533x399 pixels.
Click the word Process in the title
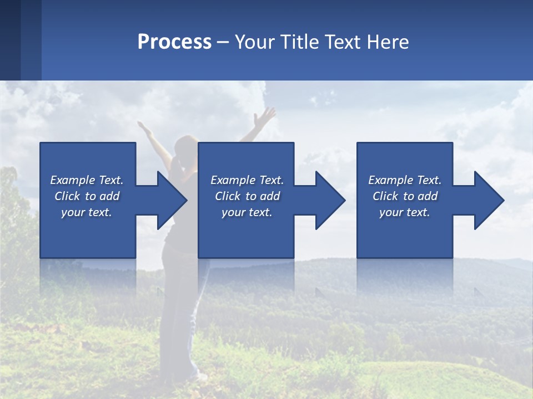pos(174,42)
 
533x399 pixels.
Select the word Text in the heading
pos(343,42)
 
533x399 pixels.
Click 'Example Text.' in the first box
pos(87,180)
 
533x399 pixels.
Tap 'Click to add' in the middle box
pos(247,196)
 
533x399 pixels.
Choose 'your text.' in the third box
pos(404,212)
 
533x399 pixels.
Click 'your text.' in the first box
pos(87,212)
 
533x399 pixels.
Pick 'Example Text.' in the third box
pos(404,180)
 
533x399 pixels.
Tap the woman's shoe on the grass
pos(200,377)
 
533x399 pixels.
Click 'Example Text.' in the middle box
pos(247,180)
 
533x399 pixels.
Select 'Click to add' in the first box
pos(87,196)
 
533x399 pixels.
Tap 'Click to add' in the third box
pos(404,196)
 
